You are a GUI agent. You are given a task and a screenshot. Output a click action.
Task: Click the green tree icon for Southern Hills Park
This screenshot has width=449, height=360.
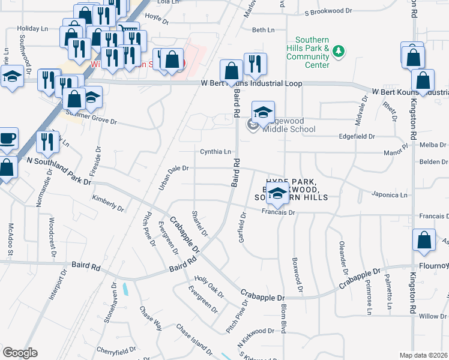click(x=340, y=51)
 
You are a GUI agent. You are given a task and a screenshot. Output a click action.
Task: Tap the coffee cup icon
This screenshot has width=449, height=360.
click(x=8, y=138)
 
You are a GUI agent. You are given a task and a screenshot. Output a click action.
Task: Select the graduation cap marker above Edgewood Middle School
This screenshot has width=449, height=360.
click(x=262, y=112)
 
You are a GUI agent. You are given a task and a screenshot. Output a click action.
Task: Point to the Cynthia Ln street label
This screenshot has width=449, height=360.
click(x=215, y=152)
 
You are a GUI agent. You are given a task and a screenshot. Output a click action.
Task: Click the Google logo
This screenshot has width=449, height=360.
click(x=20, y=353)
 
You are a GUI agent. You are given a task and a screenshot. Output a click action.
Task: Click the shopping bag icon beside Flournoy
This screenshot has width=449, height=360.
click(x=424, y=241)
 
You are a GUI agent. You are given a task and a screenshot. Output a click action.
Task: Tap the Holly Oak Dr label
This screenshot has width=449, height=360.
click(x=209, y=287)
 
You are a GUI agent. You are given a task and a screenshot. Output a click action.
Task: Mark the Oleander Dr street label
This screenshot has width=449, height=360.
click(x=343, y=255)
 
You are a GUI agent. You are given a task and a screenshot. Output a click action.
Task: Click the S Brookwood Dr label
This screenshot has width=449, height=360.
click(x=328, y=11)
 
